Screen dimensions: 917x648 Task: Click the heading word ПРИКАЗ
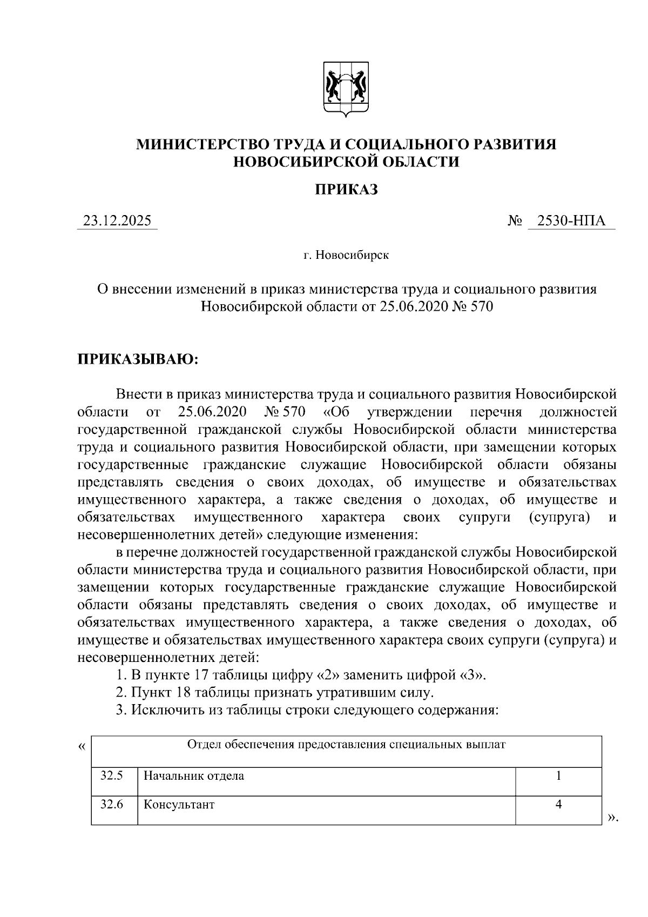346,190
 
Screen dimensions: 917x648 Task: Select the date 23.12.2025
117,220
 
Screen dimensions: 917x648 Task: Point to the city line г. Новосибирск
346,255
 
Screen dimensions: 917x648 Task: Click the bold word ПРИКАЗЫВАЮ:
138,359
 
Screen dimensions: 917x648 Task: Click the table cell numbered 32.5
112,776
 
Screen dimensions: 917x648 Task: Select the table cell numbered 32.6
112,805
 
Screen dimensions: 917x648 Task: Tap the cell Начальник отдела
194,777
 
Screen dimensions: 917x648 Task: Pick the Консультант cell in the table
179,805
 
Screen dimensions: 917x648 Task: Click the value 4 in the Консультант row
558,805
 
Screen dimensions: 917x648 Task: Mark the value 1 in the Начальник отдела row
558,776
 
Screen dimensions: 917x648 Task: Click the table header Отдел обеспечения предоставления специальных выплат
346,745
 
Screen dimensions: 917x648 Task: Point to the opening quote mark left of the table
82,747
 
